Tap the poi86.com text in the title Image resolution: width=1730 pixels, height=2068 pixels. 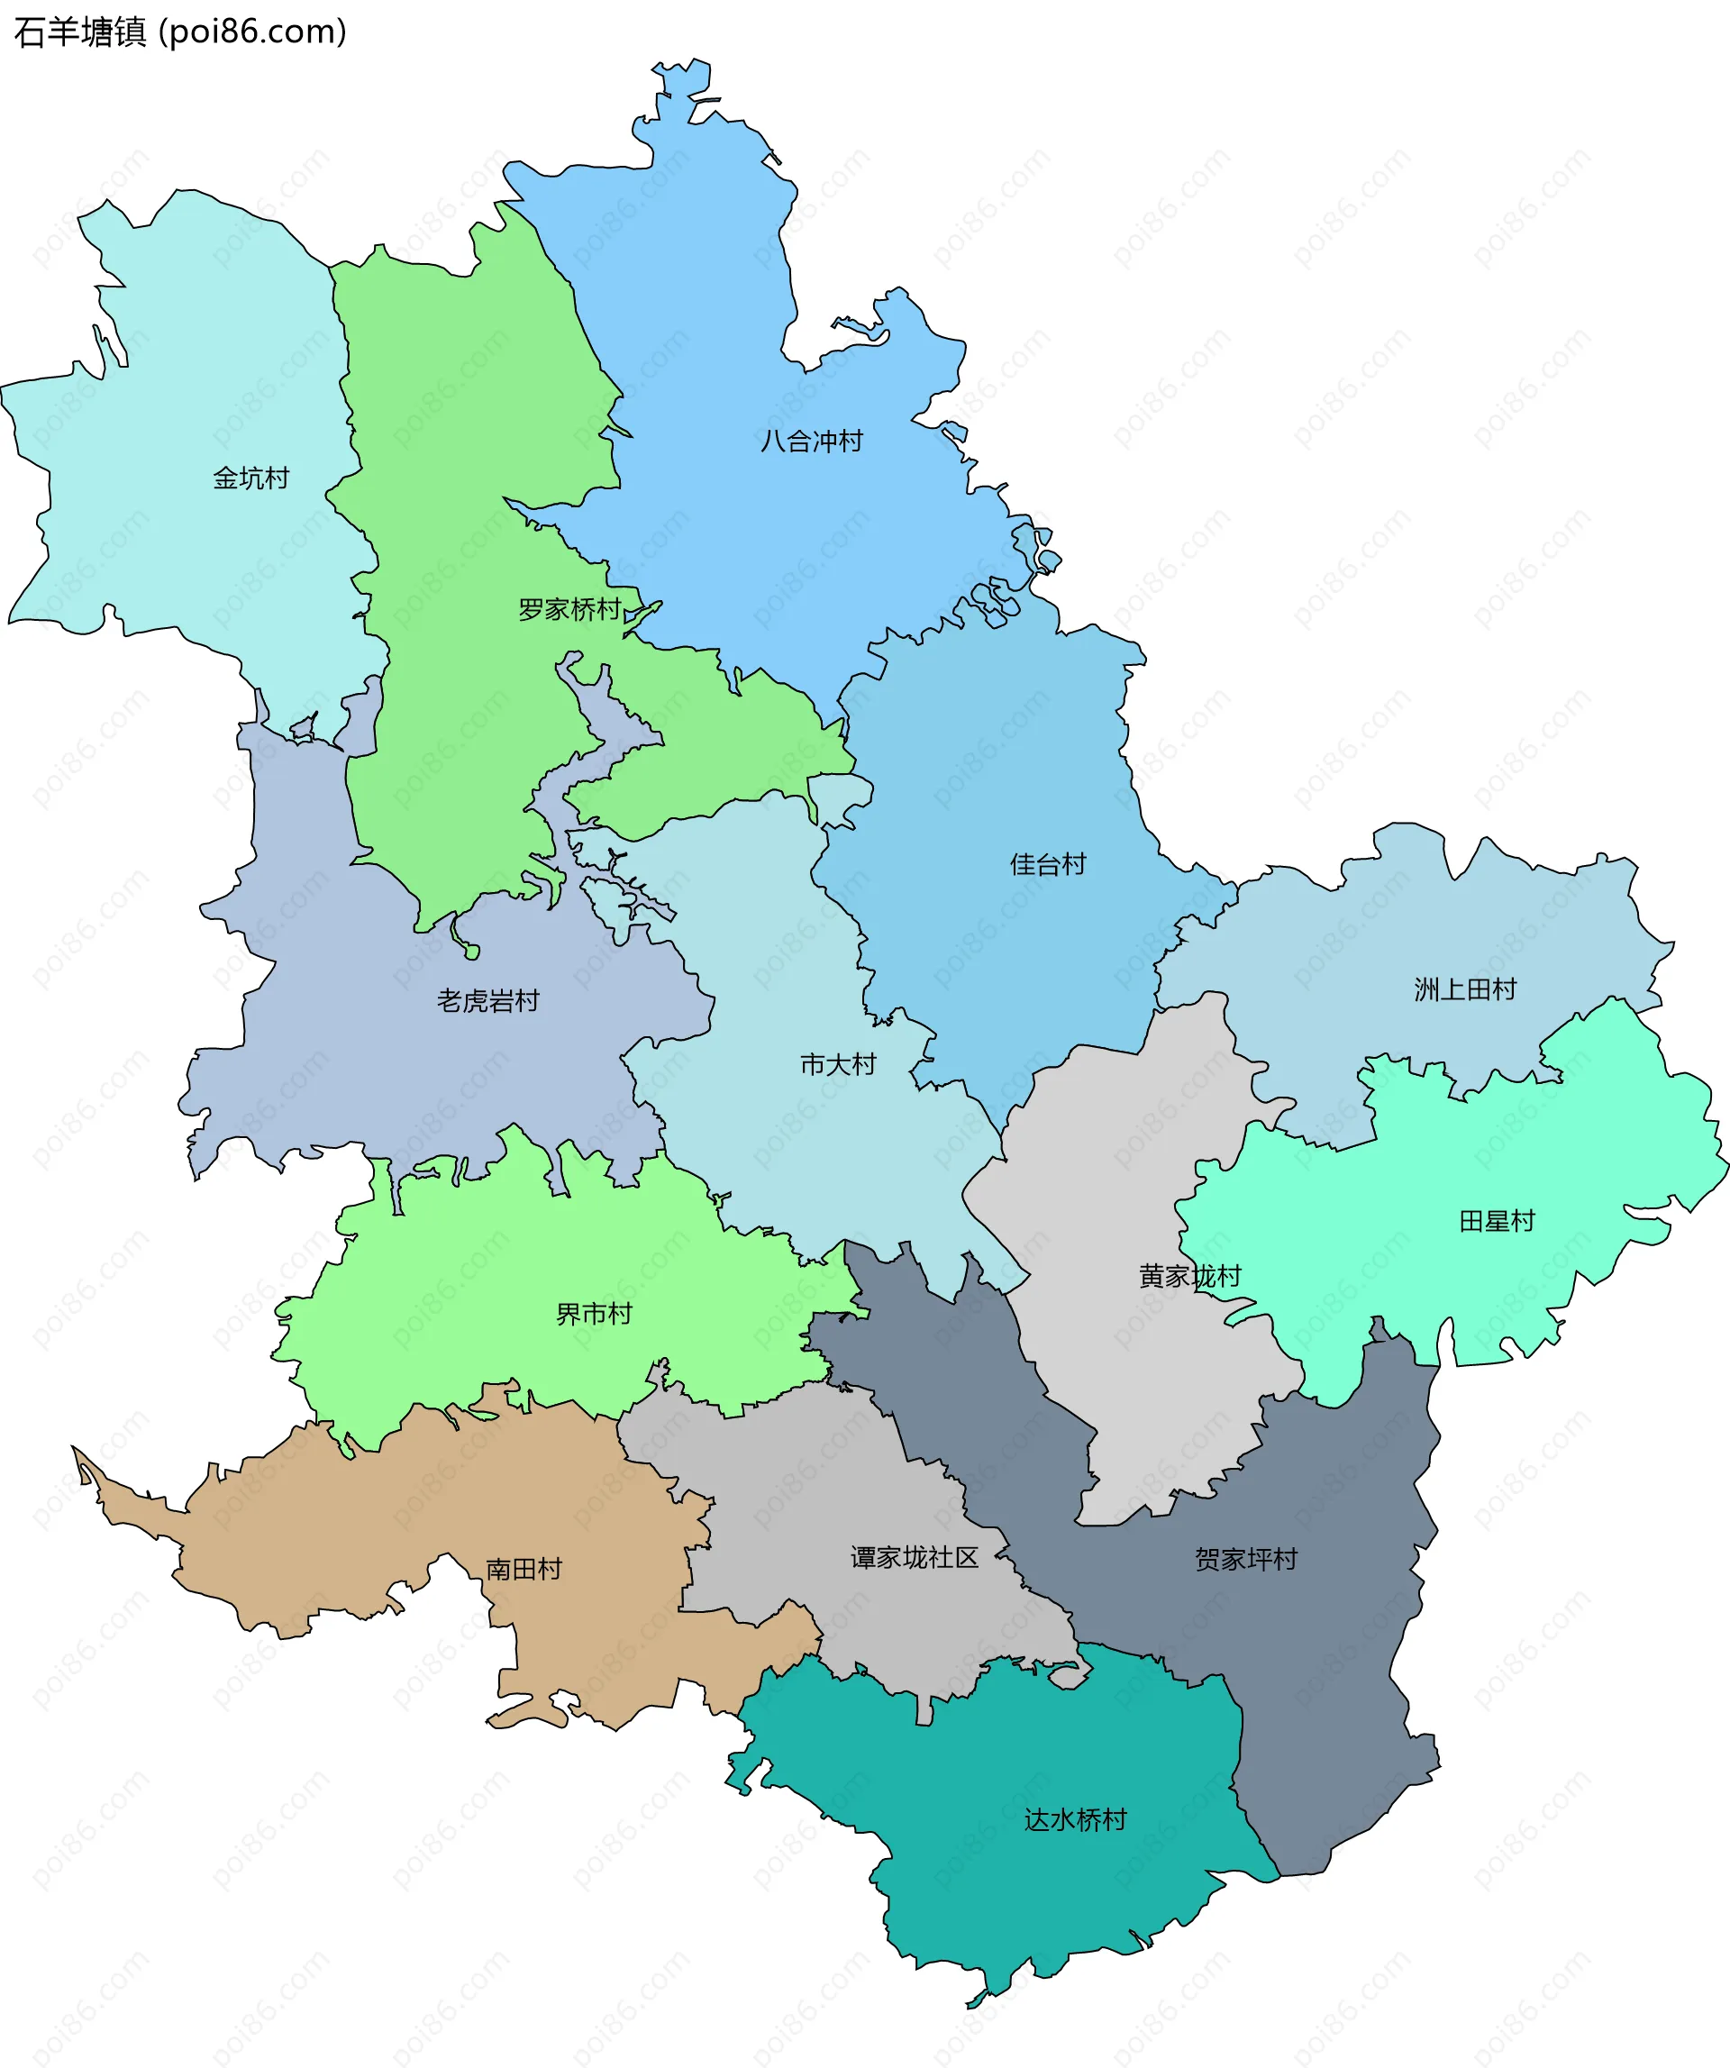(253, 32)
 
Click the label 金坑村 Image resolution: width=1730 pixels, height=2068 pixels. (251, 478)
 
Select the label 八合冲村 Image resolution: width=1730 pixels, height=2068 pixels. (811, 441)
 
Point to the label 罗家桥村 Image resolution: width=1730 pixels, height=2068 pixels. (570, 608)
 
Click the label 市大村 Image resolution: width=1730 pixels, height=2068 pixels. (838, 1063)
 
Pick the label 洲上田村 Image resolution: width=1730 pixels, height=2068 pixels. (1465, 988)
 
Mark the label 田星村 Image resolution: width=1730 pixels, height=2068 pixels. (1497, 1220)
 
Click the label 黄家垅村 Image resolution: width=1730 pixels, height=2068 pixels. (1189, 1276)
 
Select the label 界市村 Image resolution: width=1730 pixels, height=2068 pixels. (594, 1314)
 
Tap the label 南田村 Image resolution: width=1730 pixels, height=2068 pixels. (524, 1569)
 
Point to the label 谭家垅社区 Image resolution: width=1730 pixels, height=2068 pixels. (914, 1557)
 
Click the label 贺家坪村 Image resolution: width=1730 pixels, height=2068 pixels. (1245, 1559)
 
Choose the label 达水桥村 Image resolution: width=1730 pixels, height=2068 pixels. (1075, 1819)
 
